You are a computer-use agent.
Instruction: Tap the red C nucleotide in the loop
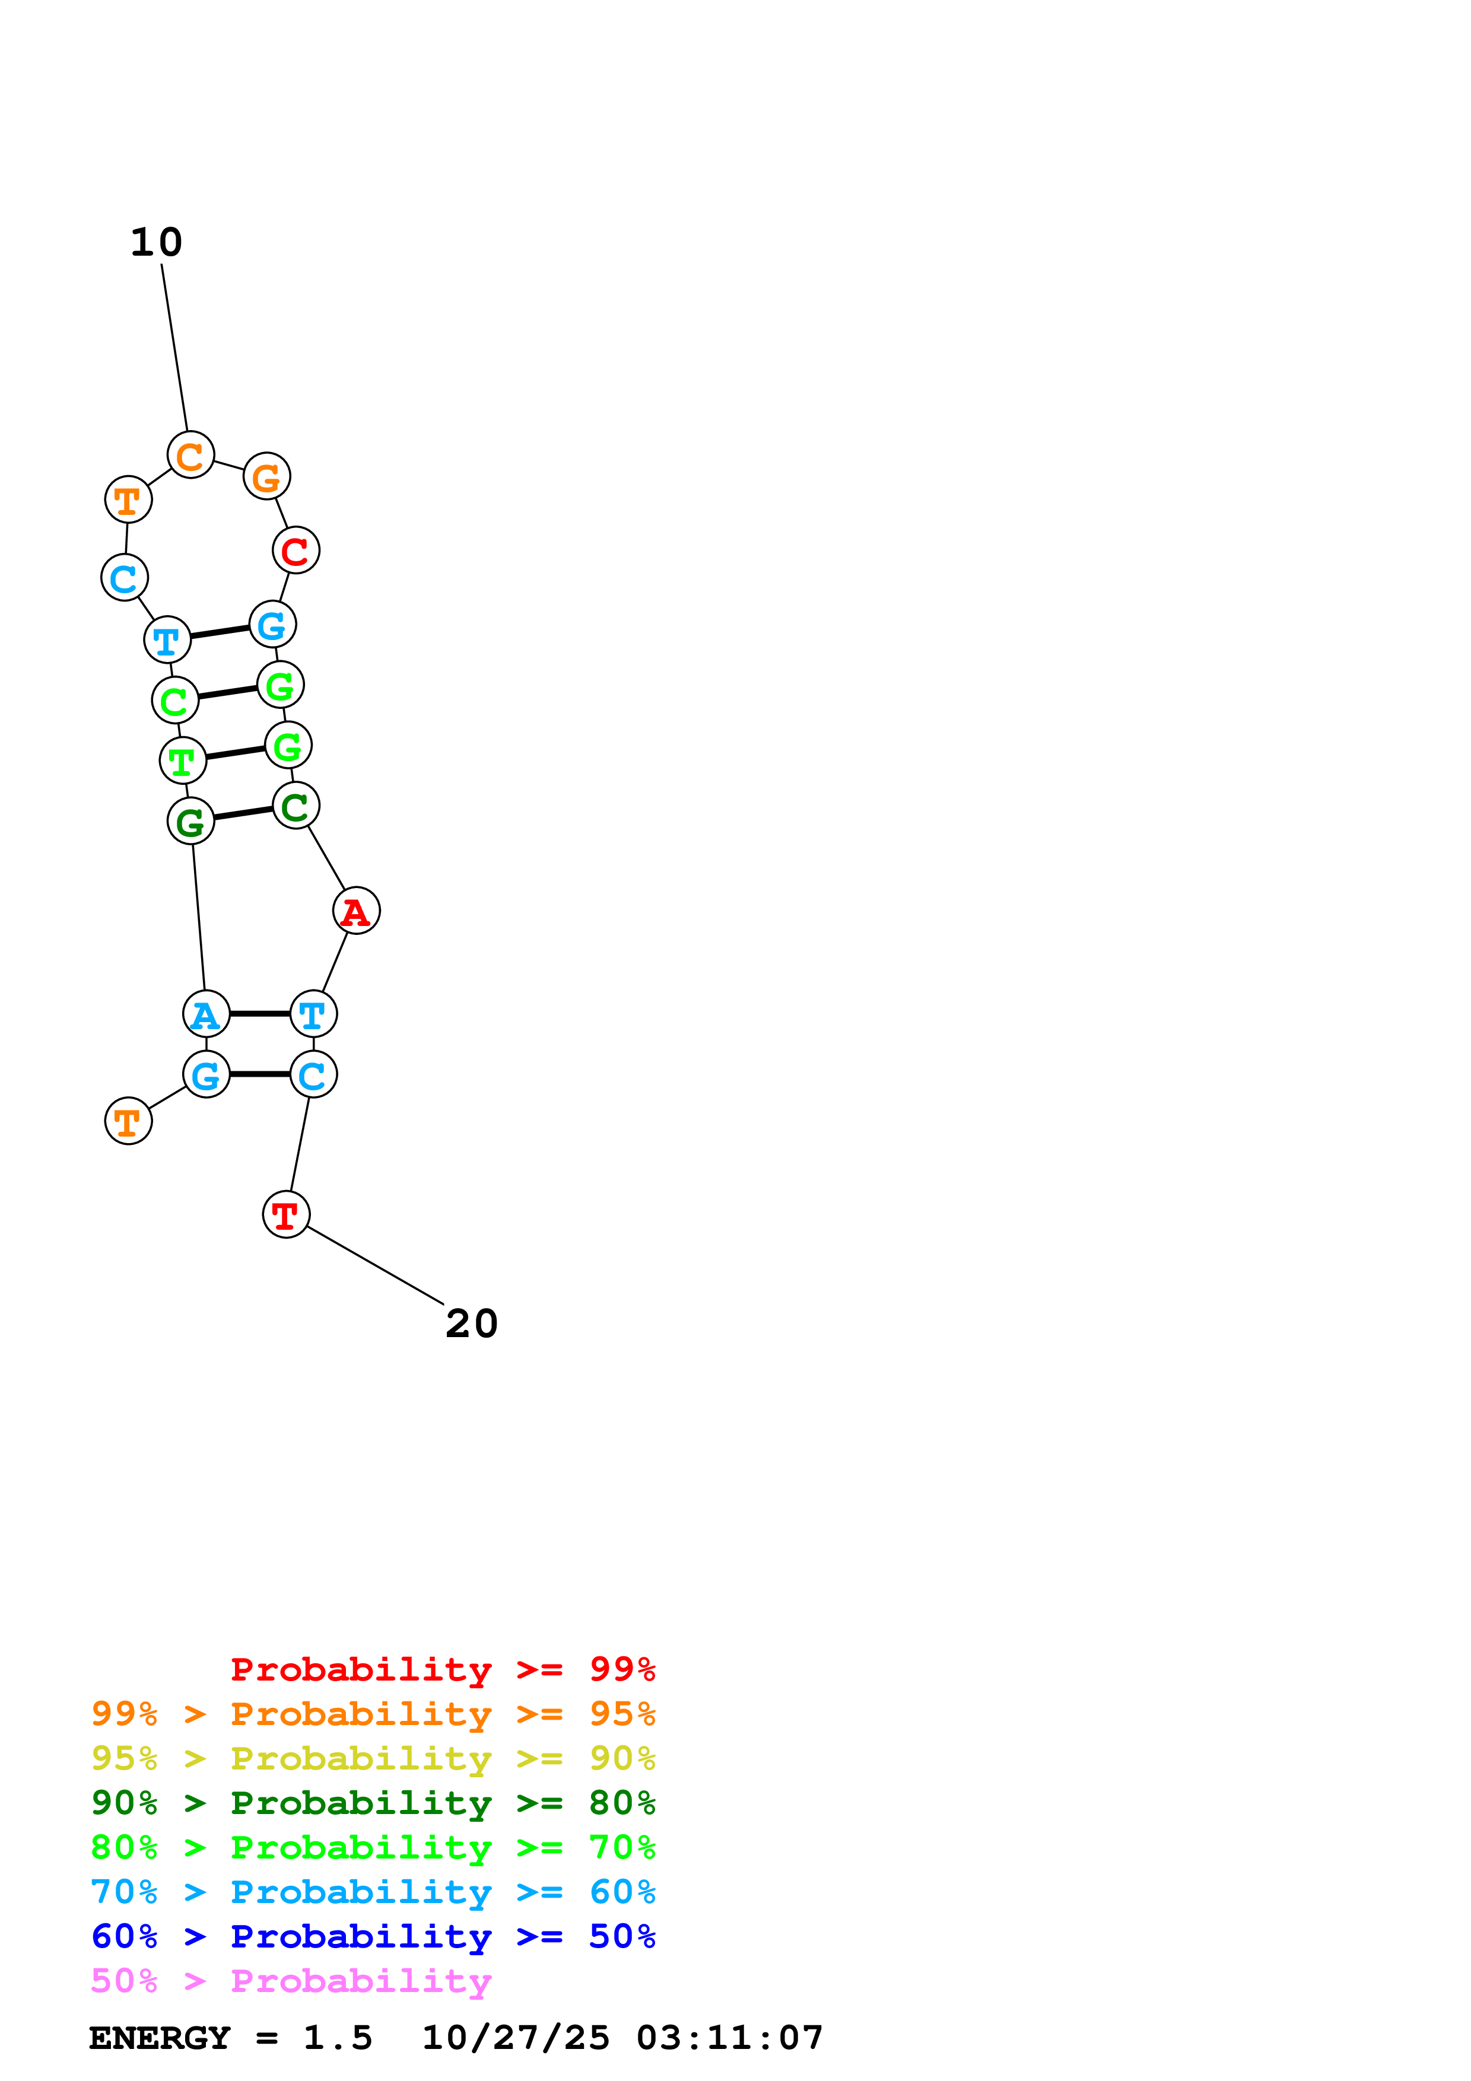[296, 550]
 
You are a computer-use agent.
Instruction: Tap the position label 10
[157, 242]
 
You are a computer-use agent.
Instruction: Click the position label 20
[471, 1324]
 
